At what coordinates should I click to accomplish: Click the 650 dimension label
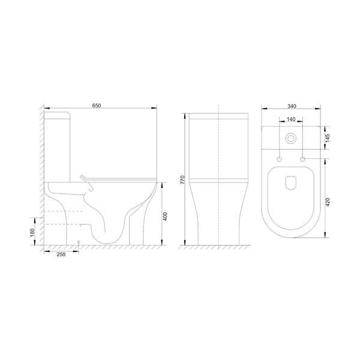(97, 106)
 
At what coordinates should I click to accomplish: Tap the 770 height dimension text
(182, 180)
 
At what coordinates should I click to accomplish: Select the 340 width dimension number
(292, 106)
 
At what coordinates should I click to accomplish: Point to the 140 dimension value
(291, 119)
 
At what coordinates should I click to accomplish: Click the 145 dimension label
(328, 138)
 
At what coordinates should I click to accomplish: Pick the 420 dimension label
(328, 202)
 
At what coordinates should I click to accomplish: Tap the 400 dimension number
(165, 217)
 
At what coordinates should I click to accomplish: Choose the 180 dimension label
(32, 232)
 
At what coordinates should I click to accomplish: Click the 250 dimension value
(61, 254)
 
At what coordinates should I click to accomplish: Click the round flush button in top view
(291, 139)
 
